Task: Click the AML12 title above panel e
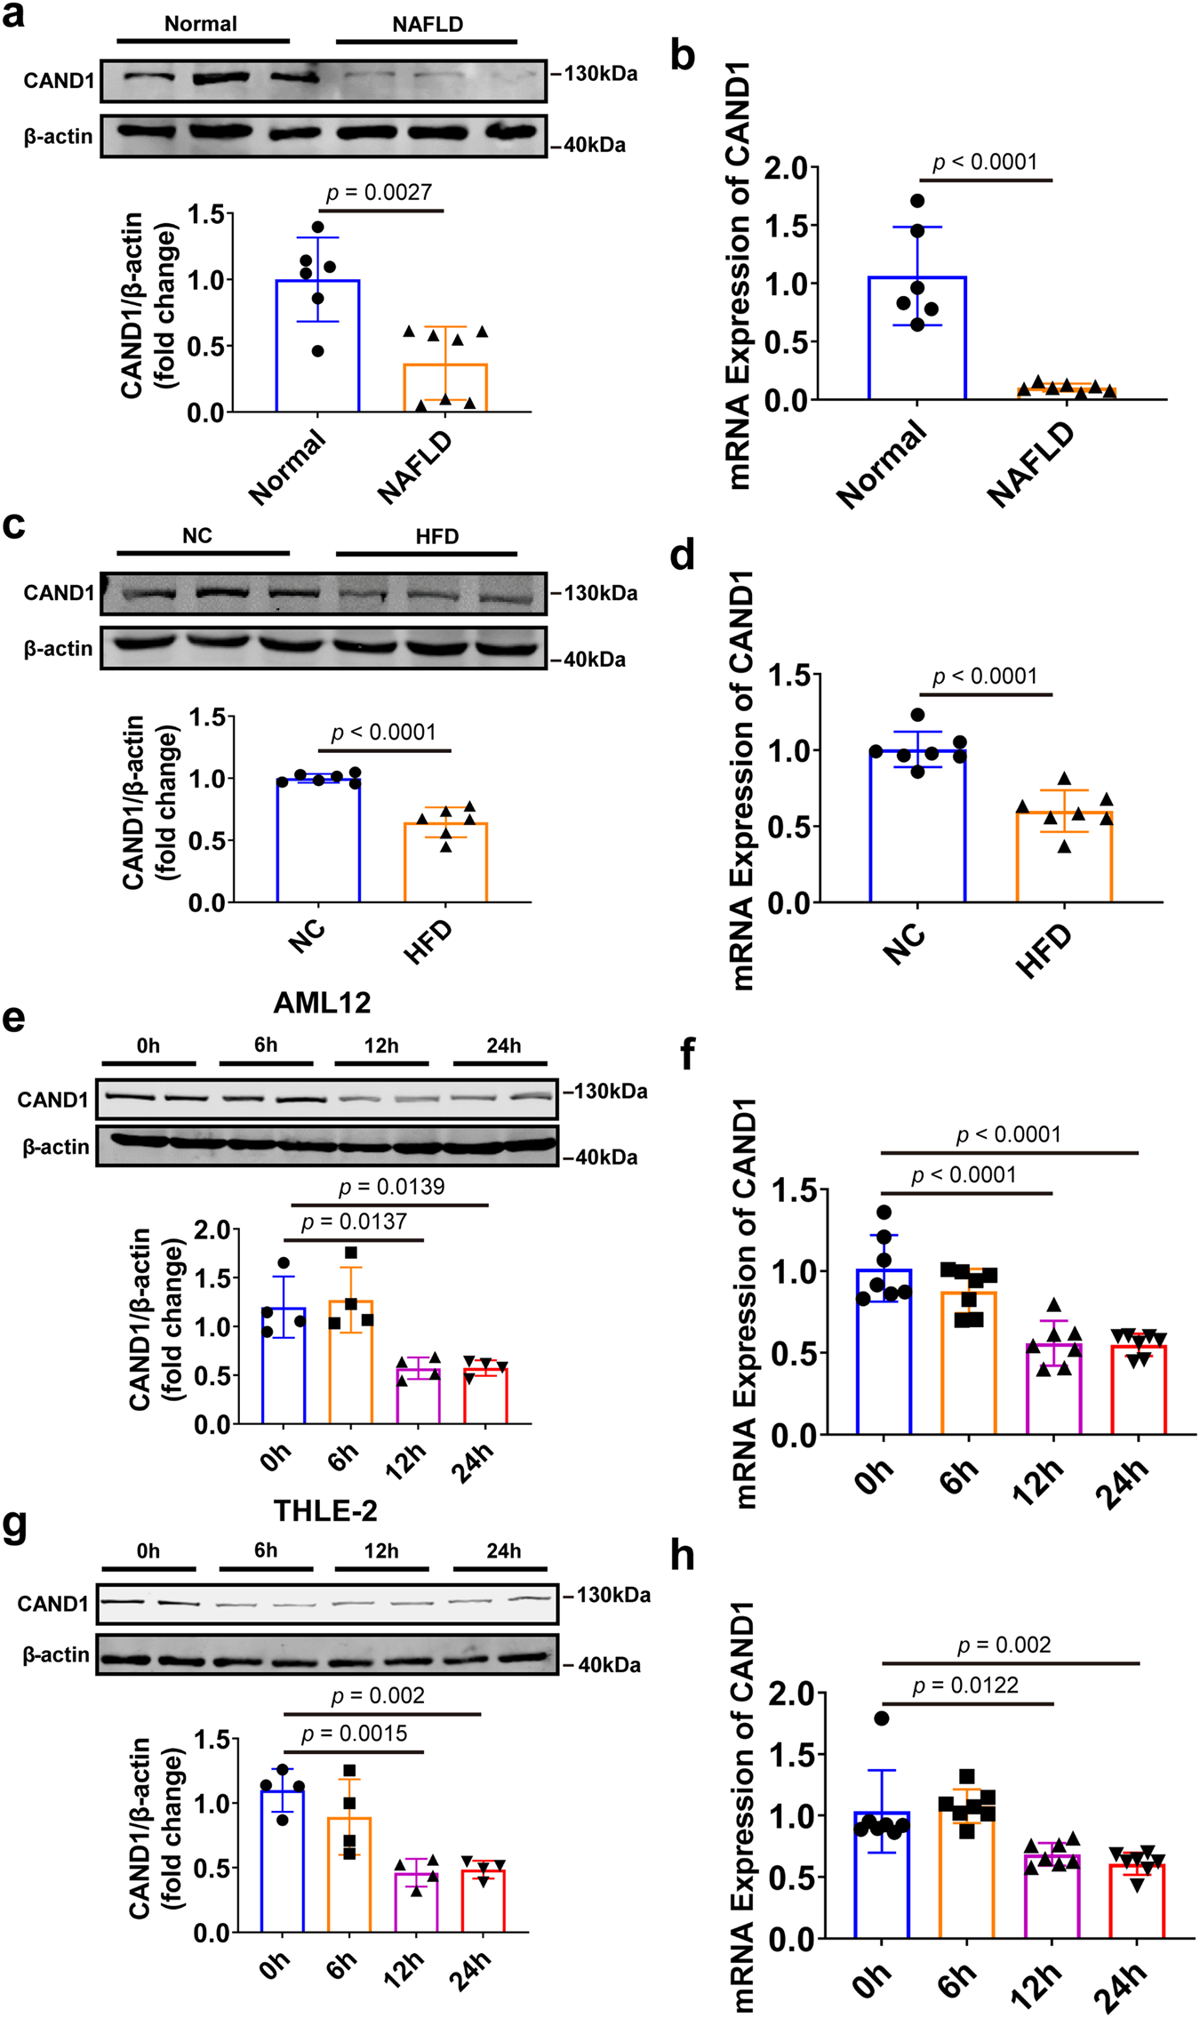[322, 1003]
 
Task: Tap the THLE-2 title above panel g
[325, 1510]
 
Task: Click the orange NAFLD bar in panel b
[1065, 392]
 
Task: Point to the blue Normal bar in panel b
[917, 338]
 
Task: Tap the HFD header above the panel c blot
[436, 536]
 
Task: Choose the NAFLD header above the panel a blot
[428, 24]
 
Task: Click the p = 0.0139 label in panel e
[391, 1187]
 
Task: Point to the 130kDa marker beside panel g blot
[612, 1595]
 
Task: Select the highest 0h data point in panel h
[882, 1718]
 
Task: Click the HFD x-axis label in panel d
[1045, 951]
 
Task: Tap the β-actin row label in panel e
[55, 1147]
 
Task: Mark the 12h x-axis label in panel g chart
[405, 1964]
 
